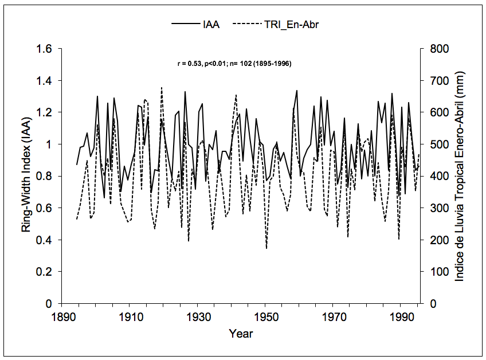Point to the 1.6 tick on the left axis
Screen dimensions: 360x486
(46, 49)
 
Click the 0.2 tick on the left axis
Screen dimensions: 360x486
(46, 272)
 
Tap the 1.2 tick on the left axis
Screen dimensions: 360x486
(46, 113)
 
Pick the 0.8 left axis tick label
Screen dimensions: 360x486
(46, 177)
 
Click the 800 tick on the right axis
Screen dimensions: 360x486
(432, 49)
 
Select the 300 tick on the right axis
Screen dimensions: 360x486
(432, 208)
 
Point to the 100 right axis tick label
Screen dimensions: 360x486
(432, 272)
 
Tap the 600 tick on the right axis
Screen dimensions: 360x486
(432, 113)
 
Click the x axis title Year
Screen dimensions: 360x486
(241, 333)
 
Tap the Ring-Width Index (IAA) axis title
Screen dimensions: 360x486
(26, 176)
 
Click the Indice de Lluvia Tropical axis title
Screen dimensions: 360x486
(460, 176)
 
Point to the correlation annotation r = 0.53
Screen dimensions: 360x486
(235, 64)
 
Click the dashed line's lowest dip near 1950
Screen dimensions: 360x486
(266, 248)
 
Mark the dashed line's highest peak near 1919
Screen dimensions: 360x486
(162, 88)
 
